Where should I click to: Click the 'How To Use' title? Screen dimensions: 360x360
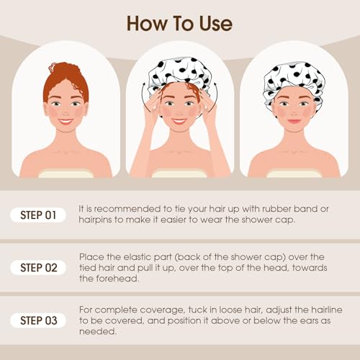point(179,23)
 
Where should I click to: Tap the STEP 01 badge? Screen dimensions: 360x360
point(38,215)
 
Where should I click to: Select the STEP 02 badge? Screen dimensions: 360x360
point(38,267)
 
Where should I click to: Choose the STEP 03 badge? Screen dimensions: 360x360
point(38,319)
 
